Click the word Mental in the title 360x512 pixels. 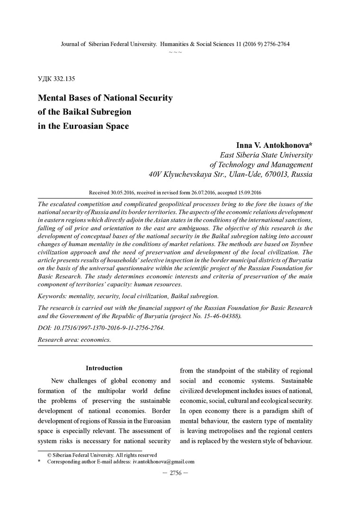click(x=54, y=99)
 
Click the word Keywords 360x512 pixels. click(x=52, y=296)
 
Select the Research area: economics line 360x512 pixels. click(x=74, y=340)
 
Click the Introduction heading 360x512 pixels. click(x=104, y=368)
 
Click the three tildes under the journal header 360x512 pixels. click(x=175, y=51)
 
